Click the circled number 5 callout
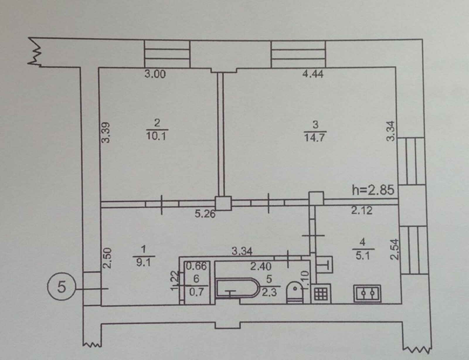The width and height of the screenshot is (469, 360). click(x=61, y=287)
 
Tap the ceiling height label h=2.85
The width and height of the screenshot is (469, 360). click(x=373, y=190)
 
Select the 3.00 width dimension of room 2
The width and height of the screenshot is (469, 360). click(x=155, y=74)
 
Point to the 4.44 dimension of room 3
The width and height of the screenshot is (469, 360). click(x=313, y=74)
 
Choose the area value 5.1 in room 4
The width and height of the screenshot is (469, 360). click(x=363, y=256)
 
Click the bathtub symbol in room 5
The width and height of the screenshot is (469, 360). click(x=238, y=288)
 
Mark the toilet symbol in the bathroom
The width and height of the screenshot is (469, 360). click(x=295, y=293)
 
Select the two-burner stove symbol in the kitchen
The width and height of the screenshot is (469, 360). click(x=367, y=293)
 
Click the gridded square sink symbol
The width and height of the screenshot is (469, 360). click(x=321, y=294)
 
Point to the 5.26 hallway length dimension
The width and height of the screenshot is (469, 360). click(x=205, y=214)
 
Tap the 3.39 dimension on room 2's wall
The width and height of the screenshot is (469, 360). click(x=106, y=133)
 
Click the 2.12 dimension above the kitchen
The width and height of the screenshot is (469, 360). click(x=362, y=210)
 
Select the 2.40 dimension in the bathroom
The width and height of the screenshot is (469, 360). click(x=261, y=267)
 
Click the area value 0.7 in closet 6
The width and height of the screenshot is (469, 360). click(x=196, y=293)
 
